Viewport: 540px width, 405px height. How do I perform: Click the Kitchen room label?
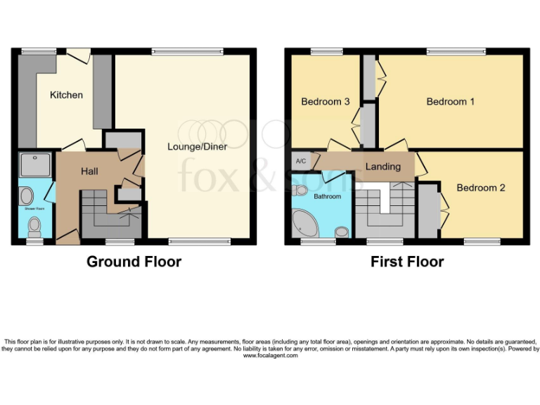[x=66, y=95]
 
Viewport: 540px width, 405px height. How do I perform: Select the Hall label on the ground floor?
[x=89, y=171]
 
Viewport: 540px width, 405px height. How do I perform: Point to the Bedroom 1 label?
[x=450, y=102]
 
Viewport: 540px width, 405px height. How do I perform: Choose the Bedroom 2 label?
[x=481, y=188]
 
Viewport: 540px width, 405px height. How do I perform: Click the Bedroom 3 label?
[x=325, y=102]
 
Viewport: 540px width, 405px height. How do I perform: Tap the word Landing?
[x=382, y=167]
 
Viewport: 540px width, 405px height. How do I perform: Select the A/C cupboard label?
[x=301, y=161]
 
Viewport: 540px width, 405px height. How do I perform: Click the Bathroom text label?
[x=327, y=197]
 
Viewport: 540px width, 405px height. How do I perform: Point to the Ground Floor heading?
[x=134, y=262]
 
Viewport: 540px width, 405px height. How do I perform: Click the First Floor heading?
[x=407, y=262]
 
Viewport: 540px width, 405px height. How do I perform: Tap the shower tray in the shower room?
[x=35, y=165]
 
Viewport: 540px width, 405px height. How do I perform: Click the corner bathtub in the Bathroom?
[x=306, y=224]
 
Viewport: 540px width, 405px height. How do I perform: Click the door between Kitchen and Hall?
[x=73, y=146]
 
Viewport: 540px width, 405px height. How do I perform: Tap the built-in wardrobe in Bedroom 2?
[x=428, y=210]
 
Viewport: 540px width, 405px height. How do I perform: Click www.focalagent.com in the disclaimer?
[x=270, y=356]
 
